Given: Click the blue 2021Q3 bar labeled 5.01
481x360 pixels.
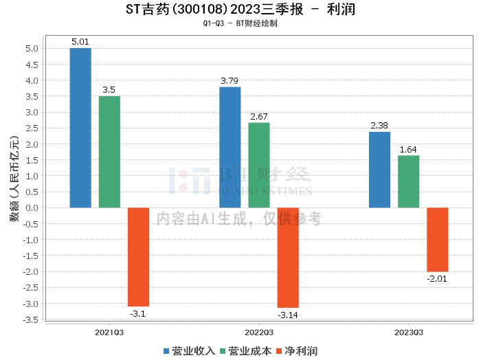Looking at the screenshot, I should (x=80, y=128).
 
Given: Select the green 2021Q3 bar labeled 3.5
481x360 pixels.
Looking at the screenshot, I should (x=109, y=152).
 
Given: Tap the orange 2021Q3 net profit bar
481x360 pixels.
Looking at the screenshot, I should (x=138, y=257).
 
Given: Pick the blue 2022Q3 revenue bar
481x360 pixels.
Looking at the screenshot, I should (x=230, y=147).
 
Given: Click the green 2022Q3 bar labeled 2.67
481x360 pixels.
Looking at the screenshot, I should (x=259, y=165).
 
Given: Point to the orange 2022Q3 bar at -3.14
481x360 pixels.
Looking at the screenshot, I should (x=288, y=258).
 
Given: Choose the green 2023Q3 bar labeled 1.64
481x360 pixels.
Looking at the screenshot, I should (x=408, y=181).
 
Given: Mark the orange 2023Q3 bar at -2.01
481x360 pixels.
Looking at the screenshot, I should (x=437, y=240).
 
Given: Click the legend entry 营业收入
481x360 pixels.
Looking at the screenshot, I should (x=190, y=351).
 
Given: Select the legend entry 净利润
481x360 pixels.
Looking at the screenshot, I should (x=296, y=351).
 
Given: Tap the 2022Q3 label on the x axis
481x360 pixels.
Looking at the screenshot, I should (x=259, y=332).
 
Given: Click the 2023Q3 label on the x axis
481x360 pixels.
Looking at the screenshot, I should (x=408, y=332).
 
